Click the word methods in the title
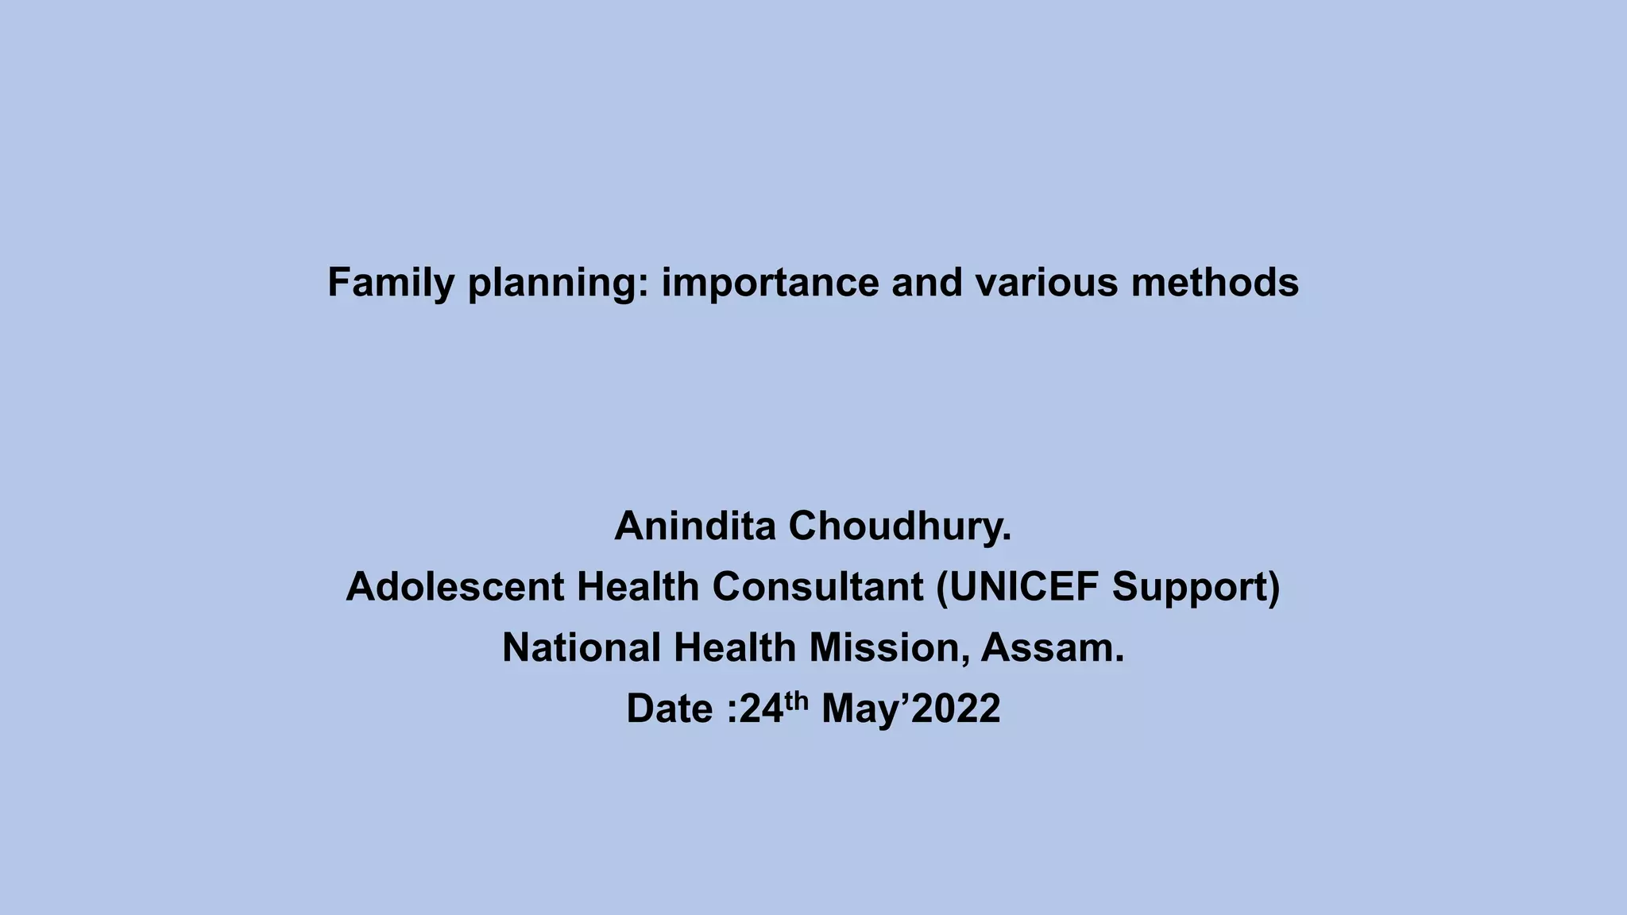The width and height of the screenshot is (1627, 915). [1215, 283]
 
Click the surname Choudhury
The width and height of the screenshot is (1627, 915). [900, 526]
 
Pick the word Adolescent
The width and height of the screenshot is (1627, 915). [455, 587]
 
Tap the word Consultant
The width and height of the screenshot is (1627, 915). [817, 587]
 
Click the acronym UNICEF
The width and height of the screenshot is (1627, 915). [1018, 587]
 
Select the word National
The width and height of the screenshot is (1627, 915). [582, 647]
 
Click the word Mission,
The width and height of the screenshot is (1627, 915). [890, 647]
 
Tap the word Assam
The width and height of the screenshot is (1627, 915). [1053, 647]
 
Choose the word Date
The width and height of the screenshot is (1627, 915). [671, 708]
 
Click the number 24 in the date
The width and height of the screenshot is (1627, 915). [761, 708]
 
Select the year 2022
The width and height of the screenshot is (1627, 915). [956, 708]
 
